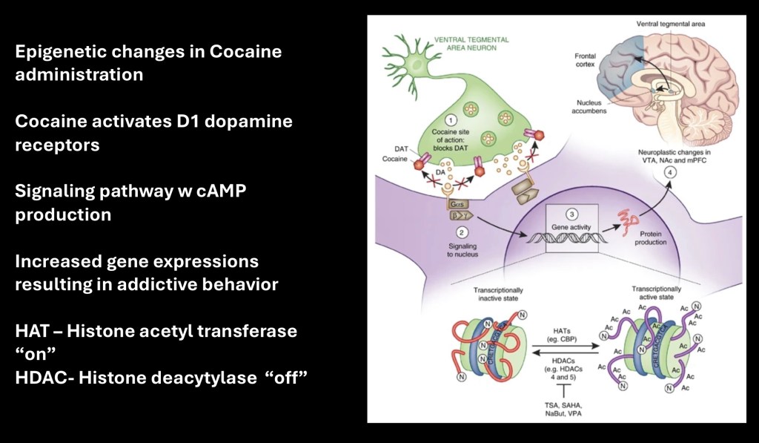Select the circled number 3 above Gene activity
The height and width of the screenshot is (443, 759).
point(571,214)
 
